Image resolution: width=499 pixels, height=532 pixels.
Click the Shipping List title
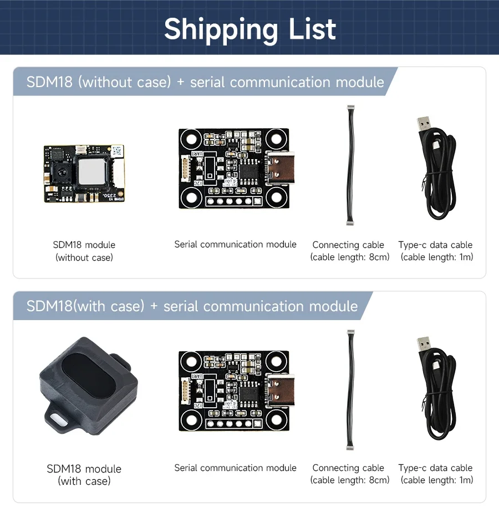point(249,29)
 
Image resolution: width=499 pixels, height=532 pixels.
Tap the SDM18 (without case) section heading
point(205,82)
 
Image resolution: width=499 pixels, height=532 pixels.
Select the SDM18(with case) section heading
point(192,306)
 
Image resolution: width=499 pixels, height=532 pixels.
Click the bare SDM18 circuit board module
point(84,173)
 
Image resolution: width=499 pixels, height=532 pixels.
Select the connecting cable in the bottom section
point(350,389)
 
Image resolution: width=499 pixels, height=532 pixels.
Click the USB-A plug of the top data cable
point(425,126)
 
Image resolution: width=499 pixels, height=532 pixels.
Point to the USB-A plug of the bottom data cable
point(425,349)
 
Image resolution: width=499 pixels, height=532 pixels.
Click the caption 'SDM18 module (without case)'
point(84,251)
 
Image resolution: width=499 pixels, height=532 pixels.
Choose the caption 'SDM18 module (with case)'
point(84,474)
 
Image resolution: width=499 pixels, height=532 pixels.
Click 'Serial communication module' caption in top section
point(235,244)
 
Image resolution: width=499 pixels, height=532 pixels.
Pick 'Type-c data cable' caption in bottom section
point(435,468)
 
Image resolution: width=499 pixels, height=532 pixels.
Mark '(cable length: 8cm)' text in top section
point(350,257)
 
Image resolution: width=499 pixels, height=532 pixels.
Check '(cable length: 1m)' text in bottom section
point(437,480)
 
